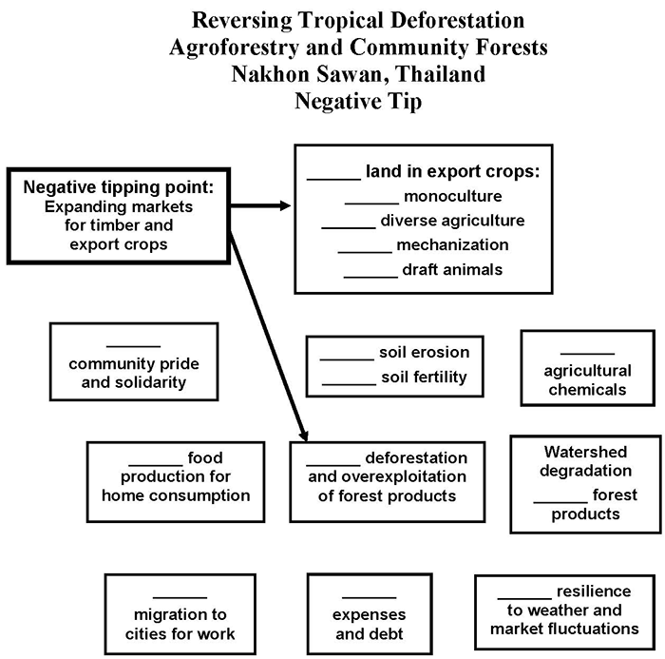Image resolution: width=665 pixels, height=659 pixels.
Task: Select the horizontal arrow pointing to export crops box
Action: pyautogui.click(x=260, y=204)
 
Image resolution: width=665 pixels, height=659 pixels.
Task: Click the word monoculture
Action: pyautogui.click(x=452, y=197)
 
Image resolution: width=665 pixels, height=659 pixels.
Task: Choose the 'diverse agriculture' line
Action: pyautogui.click(x=452, y=221)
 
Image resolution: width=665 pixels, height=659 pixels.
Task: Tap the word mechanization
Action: pyautogui.click(x=452, y=244)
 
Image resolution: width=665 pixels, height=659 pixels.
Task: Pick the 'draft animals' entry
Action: pyautogui.click(x=451, y=269)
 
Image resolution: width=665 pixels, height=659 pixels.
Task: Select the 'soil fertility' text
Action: pyautogui.click(x=424, y=377)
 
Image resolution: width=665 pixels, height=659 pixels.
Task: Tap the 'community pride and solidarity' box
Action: pyautogui.click(x=133, y=364)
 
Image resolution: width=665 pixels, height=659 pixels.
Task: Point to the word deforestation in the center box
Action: pyautogui.click(x=416, y=457)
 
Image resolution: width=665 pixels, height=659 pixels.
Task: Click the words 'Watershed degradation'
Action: pyautogui.click(x=586, y=461)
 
